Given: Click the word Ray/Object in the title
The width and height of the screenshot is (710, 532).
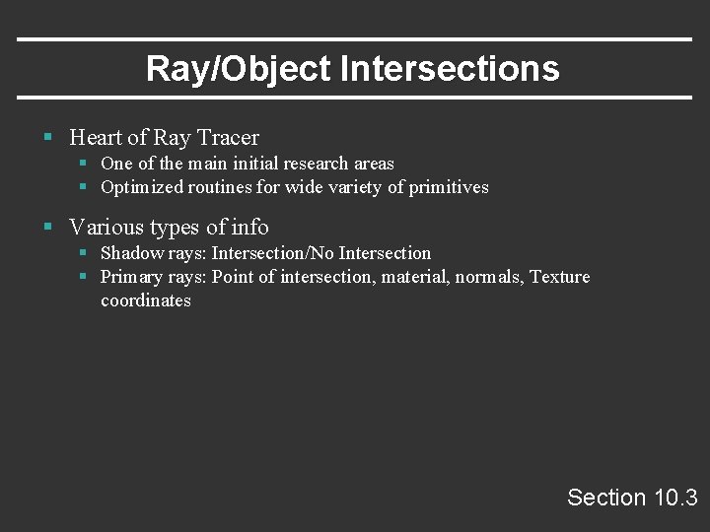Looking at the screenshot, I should pos(239,69).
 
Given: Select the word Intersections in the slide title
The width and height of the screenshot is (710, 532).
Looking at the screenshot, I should pos(450,69).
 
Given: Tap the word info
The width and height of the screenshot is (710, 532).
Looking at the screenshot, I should pos(249,228).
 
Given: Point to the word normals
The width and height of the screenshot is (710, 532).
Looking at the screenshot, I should pos(489,277).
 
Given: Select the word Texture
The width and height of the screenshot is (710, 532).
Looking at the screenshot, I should pos(559,277).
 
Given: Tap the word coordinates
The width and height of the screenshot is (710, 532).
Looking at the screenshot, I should pos(146,300).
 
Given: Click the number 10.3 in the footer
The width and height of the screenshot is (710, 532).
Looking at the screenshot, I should pos(675,498).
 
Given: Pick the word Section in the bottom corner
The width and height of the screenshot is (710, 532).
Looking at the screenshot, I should pos(606,498).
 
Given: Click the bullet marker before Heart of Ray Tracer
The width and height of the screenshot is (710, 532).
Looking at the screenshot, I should pos(47,138).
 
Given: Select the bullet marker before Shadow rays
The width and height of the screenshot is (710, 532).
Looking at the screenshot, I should pos(84,253).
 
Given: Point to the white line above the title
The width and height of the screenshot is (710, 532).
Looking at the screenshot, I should pos(355,39).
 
